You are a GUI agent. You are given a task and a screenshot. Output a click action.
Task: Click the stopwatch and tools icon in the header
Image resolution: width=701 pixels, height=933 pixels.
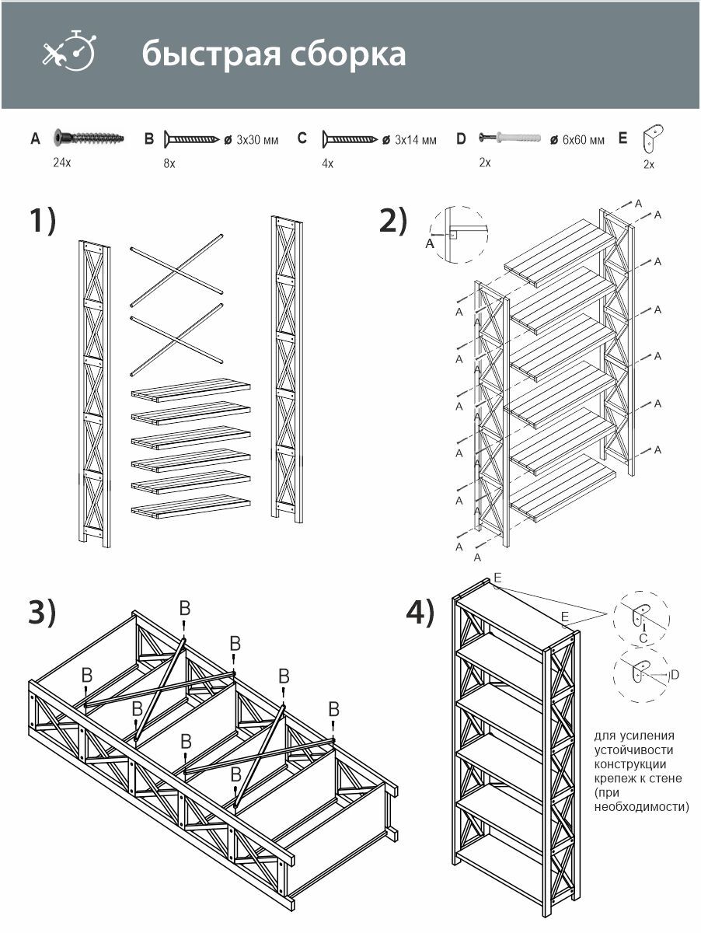tap(69, 51)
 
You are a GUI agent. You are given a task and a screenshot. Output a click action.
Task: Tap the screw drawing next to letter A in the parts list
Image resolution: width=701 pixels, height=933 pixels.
tap(89, 138)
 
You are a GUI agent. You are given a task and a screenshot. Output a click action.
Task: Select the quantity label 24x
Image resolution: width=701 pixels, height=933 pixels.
tap(62, 162)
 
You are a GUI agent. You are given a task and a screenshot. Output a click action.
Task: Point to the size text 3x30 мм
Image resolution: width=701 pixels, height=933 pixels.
tap(257, 140)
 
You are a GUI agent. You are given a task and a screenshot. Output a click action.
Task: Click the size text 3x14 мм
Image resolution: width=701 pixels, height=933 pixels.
tap(416, 140)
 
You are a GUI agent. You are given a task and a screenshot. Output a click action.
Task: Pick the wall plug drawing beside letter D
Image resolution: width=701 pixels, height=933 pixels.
tap(510, 138)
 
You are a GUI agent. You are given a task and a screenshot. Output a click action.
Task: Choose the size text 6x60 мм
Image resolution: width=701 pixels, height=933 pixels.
tap(584, 140)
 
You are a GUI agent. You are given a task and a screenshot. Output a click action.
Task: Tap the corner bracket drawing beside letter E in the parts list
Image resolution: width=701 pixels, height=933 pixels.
tap(652, 138)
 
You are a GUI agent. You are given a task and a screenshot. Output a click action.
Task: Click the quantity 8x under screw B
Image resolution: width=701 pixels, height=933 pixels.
tap(169, 163)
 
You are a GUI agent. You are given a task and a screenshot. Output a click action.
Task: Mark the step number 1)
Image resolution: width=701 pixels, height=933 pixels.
tap(43, 220)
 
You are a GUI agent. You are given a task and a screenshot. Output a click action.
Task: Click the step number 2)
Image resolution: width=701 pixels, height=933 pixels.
tap(393, 220)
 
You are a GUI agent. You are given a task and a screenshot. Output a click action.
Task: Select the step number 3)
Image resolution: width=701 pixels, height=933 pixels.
tap(42, 613)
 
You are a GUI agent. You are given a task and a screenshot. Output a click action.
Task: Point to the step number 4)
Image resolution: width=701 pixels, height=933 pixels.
tap(420, 613)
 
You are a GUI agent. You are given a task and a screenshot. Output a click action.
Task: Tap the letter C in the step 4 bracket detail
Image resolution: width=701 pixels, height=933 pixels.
tap(643, 638)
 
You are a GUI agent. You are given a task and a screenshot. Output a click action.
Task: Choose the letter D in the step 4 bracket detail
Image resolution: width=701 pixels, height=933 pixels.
tap(675, 675)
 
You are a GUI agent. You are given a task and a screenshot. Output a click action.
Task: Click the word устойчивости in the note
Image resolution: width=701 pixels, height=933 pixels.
tap(634, 750)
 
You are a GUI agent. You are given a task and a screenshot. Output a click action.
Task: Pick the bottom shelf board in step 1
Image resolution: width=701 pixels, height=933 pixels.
tap(190, 507)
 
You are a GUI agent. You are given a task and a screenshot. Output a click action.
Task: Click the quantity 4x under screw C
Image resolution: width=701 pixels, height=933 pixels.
tap(327, 163)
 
